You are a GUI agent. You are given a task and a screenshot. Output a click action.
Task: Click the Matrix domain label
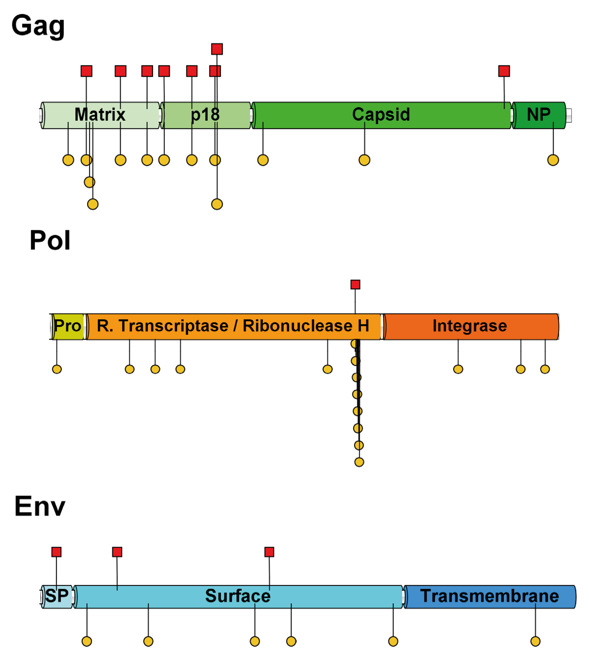coord(100,115)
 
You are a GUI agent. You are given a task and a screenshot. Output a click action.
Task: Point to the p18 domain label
coord(205,115)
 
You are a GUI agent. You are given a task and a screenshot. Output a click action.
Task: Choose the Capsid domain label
coord(381,115)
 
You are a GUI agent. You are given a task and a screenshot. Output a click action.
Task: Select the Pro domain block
coord(68,326)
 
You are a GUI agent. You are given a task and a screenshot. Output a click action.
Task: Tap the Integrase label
coord(470,326)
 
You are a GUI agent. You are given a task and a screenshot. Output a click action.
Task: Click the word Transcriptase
coord(173,326)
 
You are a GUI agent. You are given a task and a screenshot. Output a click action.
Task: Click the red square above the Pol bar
coord(355,285)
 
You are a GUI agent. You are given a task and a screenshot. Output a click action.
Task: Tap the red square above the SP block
coord(56,552)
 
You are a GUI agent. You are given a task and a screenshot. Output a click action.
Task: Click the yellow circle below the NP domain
coord(553,160)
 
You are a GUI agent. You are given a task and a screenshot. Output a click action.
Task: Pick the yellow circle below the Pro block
coord(57,369)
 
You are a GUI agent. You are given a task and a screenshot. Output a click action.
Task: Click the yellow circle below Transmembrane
coord(535,641)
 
